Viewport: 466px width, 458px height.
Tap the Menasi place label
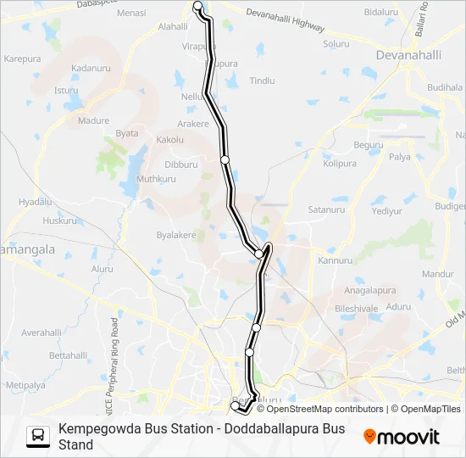[130, 14]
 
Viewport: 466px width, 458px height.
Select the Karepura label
[23, 59]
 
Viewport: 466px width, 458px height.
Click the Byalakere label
[176, 235]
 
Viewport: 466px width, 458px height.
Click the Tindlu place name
[263, 81]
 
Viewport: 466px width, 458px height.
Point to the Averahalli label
[42, 332]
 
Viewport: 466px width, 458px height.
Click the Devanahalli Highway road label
[285, 20]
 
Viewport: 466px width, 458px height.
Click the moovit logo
[402, 437]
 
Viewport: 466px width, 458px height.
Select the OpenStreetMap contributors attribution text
[313, 409]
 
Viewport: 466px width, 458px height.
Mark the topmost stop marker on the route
[198, 6]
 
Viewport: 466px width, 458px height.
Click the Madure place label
[93, 120]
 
